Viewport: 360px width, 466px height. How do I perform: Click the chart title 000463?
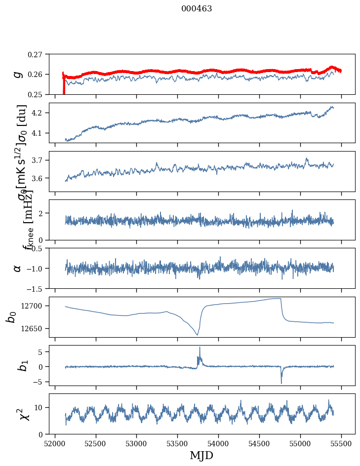pyautogui.click(x=197, y=9)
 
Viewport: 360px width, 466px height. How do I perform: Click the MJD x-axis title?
pyautogui.click(x=201, y=456)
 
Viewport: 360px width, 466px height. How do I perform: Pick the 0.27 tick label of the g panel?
pyautogui.click(x=35, y=54)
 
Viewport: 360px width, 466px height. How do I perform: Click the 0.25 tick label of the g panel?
pyautogui.click(x=35, y=94)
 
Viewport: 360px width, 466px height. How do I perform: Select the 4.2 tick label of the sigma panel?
pyautogui.click(x=38, y=113)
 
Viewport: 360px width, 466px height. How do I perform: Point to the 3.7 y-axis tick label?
pyautogui.click(x=38, y=160)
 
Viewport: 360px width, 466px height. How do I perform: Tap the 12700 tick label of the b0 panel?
pyautogui.click(x=33, y=306)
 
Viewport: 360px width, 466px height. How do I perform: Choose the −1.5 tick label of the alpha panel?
pyautogui.click(x=35, y=288)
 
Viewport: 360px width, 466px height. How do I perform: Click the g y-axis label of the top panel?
pyautogui.click(x=18, y=74)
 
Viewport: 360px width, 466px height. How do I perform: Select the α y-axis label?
pyautogui.click(x=18, y=268)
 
